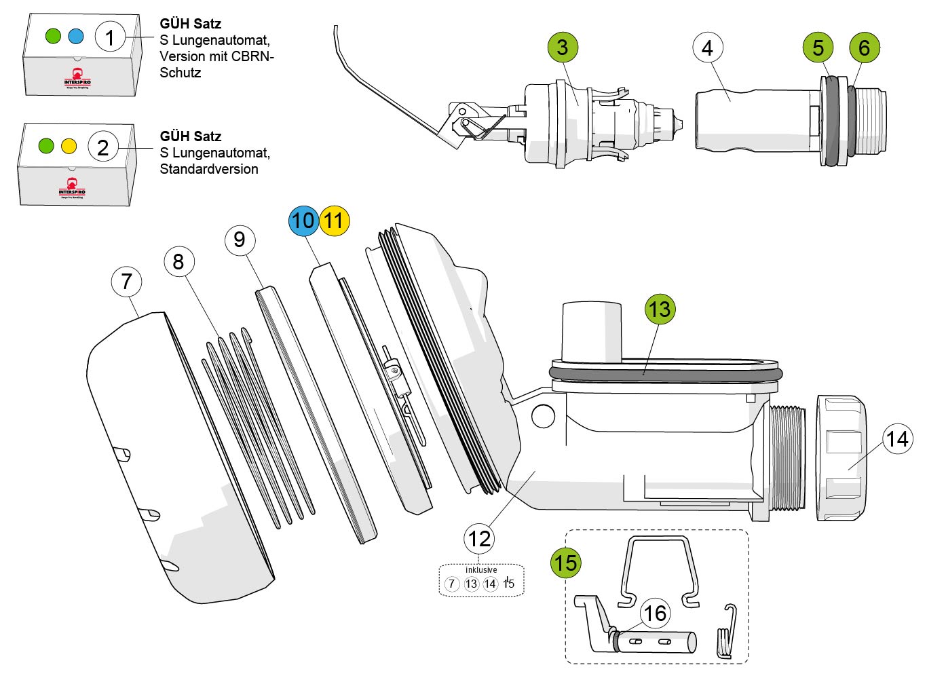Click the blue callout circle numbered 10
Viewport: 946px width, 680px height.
click(303, 221)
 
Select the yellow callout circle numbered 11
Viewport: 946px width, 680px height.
click(334, 221)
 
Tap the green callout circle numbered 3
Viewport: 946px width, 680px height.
click(563, 48)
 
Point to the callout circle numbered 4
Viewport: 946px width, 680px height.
click(708, 48)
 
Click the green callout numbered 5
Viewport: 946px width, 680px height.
click(818, 48)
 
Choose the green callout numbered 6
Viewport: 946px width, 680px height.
click(865, 48)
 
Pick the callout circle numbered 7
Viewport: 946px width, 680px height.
click(127, 282)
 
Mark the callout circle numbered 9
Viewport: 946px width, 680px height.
click(240, 239)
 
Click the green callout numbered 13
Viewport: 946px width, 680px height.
click(660, 309)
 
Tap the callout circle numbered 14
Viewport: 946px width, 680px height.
click(897, 439)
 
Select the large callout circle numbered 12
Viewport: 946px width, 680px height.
click(479, 539)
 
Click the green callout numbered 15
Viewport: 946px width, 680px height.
click(565, 563)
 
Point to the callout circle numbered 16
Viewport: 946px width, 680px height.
click(655, 613)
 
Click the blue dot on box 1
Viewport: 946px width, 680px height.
click(75, 35)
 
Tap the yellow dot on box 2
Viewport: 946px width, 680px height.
click(69, 145)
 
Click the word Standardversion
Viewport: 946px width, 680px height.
click(209, 169)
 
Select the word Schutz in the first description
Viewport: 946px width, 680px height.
click(181, 73)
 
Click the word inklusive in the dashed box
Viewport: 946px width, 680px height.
click(481, 570)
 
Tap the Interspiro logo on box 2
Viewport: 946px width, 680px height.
click(71, 187)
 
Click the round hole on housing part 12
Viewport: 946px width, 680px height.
click(543, 415)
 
